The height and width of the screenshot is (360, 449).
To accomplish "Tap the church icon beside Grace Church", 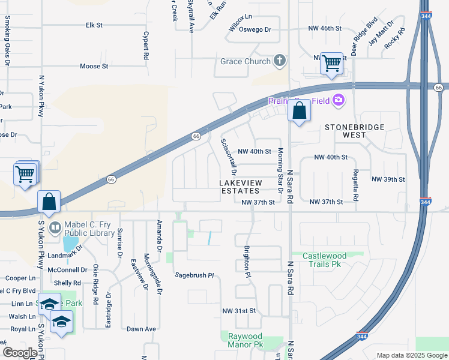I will [x=279, y=60].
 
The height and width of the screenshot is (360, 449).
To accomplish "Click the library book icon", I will [x=55, y=227].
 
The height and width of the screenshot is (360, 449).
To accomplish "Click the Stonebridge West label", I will [x=354, y=131].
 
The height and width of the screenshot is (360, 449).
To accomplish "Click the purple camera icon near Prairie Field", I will [x=339, y=100].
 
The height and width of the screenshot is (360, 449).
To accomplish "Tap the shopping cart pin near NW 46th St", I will [x=331, y=63].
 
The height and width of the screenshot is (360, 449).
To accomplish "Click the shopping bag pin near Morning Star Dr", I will [x=299, y=110].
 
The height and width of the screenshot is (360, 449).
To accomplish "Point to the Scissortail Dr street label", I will [x=228, y=153].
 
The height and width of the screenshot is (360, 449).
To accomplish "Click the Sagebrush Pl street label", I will [x=194, y=275].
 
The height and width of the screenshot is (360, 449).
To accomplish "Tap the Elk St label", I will [x=94, y=25].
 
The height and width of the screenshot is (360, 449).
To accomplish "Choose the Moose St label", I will [x=94, y=66].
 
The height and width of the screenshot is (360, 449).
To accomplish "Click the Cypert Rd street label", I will [x=146, y=45].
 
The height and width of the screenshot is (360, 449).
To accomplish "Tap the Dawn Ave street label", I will [x=141, y=329].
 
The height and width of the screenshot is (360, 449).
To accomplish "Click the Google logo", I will [x=19, y=353].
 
